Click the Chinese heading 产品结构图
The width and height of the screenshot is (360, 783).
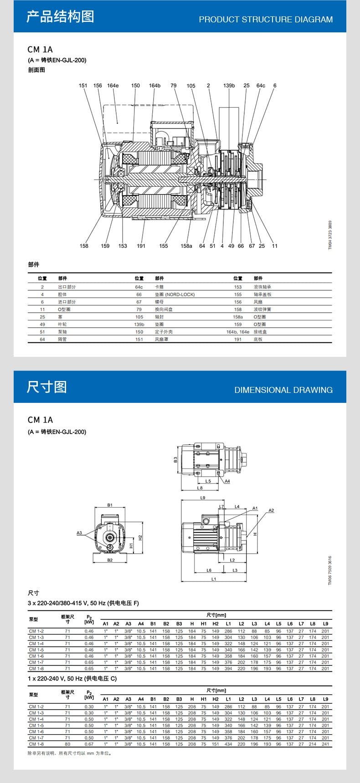60,16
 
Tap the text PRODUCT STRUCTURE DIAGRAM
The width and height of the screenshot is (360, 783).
266,20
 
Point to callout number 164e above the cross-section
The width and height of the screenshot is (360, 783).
113,86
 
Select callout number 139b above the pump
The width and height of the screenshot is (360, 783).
229,86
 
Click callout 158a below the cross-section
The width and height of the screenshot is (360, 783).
186,246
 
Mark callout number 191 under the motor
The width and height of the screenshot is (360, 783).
141,246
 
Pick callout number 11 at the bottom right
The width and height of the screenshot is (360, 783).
275,246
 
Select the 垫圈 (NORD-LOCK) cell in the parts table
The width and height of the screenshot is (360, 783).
175,294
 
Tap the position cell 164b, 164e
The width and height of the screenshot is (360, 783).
238,332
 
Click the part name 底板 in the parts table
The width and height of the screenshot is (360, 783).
258,339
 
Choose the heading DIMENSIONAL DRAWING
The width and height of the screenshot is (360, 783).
283,390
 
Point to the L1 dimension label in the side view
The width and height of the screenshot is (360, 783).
214,579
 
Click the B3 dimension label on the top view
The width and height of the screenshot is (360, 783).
175,460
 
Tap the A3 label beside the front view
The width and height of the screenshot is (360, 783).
79,533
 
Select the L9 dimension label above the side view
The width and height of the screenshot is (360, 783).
203,498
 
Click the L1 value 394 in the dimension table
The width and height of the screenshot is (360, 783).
228,669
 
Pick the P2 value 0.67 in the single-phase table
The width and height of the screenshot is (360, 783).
89,744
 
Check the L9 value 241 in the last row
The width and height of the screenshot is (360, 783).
325,744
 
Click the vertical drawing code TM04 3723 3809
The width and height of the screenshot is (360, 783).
330,235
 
